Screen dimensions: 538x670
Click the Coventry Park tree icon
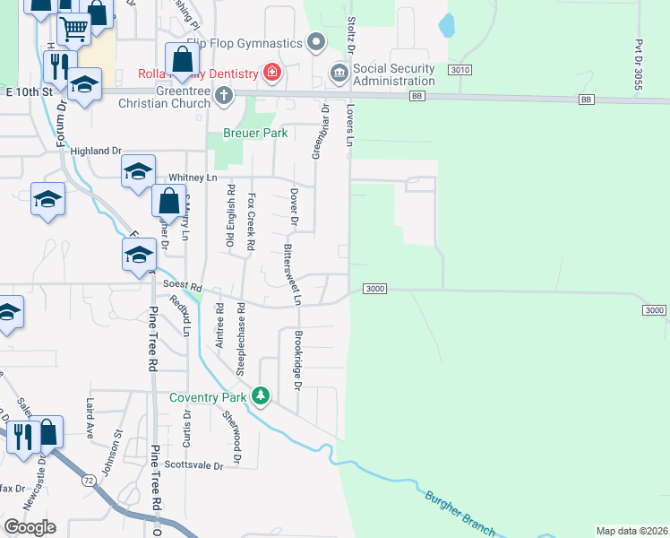pyautogui.click(x=261, y=395)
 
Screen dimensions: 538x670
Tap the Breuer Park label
pyautogui.click(x=237, y=133)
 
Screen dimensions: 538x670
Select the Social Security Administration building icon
pyautogui.click(x=339, y=72)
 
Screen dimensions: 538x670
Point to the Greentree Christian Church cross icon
pyautogui.click(x=224, y=94)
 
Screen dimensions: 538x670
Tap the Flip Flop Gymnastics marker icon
pyautogui.click(x=315, y=42)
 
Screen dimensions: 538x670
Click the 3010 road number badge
pyautogui.click(x=460, y=70)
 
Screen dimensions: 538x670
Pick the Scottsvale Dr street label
pyautogui.click(x=194, y=465)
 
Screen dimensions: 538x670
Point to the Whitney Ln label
pyautogui.click(x=199, y=178)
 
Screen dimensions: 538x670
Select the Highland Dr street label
pyautogui.click(x=95, y=151)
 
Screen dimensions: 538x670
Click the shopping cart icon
pyautogui.click(x=73, y=28)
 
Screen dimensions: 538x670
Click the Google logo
pyautogui.click(x=30, y=526)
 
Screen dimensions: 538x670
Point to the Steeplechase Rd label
pyautogui.click(x=241, y=338)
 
